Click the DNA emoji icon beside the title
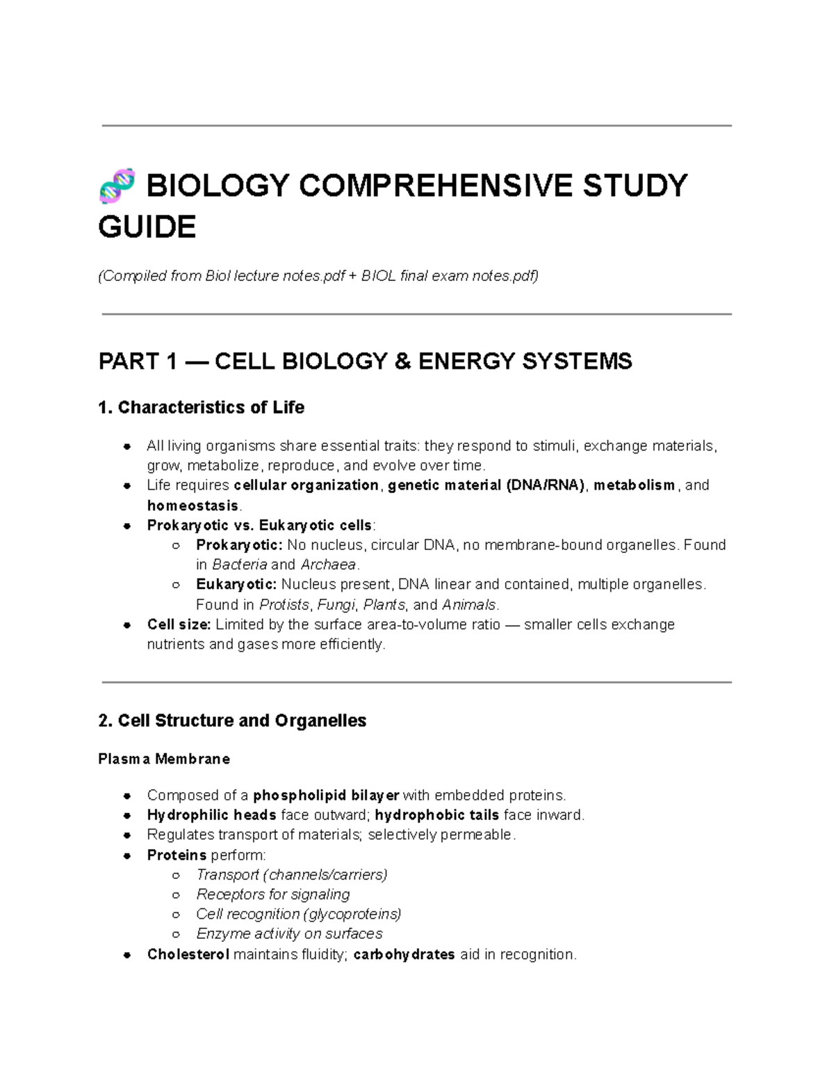pyautogui.click(x=117, y=186)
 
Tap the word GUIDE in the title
pyautogui.click(x=147, y=227)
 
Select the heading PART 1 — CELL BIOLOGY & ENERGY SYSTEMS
pyautogui.click(x=366, y=362)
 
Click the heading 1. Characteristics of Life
pyautogui.click(x=202, y=408)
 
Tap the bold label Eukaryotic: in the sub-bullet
pyautogui.click(x=236, y=584)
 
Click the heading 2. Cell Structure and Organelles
pyautogui.click(x=232, y=720)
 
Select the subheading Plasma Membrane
pyautogui.click(x=164, y=759)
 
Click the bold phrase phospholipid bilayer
pyautogui.click(x=326, y=795)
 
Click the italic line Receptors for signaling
pyautogui.click(x=272, y=894)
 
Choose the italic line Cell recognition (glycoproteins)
pyautogui.click(x=299, y=914)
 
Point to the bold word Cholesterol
pyautogui.click(x=188, y=955)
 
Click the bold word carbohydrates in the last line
pyautogui.click(x=404, y=955)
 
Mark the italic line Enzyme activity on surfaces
pyautogui.click(x=289, y=934)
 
